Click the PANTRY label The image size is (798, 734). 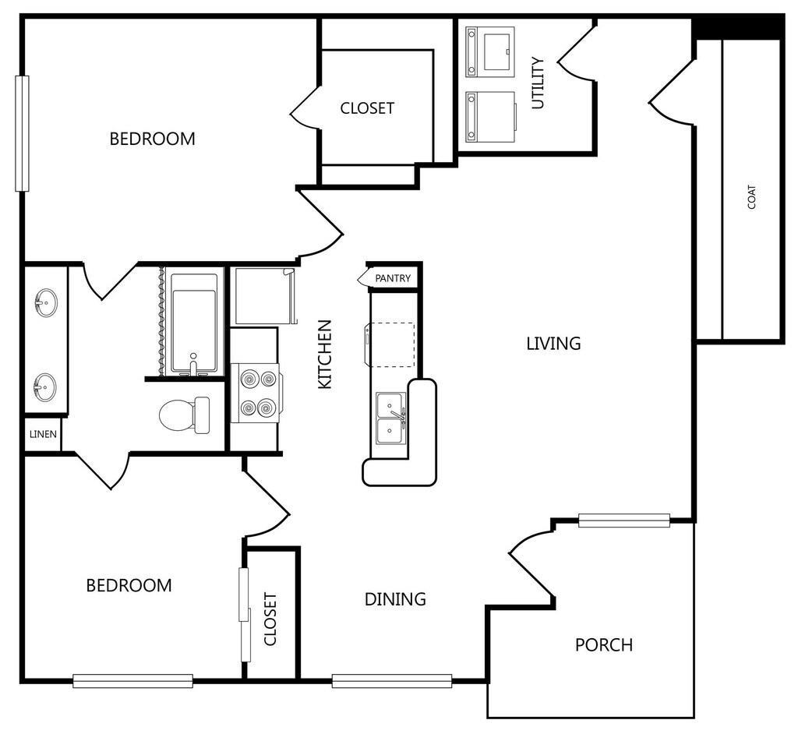point(393,278)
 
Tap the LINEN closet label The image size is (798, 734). point(44,434)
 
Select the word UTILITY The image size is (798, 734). point(538,83)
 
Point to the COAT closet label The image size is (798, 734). point(752,196)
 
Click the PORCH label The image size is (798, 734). point(604,645)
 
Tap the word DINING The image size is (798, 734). point(395,599)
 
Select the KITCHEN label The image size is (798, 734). point(325,355)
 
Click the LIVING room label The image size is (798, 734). point(554,344)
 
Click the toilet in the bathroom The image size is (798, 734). point(184,415)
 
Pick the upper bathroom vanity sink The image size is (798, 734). point(45,303)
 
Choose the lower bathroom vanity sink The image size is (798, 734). point(45,387)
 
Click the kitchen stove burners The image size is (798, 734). point(256,393)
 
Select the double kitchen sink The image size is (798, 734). point(391,418)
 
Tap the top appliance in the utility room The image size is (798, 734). point(490,51)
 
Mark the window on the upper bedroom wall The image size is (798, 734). point(22,133)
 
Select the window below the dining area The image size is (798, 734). point(392,680)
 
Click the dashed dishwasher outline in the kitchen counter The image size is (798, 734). point(392,344)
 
